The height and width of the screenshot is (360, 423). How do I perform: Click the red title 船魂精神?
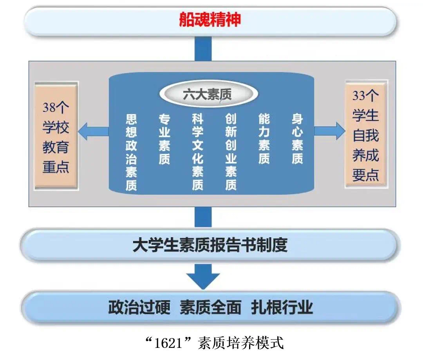(210, 20)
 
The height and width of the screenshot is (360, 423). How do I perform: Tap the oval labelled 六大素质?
(209, 94)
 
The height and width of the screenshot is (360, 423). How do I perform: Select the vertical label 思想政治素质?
(131, 152)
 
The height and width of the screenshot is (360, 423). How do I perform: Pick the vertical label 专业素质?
(164, 139)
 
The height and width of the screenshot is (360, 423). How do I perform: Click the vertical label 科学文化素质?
(197, 152)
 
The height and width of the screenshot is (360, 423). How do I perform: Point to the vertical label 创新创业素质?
(231, 152)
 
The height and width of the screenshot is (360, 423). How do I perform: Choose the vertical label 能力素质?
(264, 139)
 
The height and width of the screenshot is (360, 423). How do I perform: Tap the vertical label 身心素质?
(297, 139)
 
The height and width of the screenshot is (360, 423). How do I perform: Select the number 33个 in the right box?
(365, 95)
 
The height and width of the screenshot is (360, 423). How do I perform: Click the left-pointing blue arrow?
(93, 131)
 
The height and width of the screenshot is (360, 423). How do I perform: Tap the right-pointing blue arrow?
(330, 131)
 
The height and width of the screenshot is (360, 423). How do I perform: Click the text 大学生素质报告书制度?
(210, 245)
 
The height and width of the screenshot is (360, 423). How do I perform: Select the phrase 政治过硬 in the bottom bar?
(139, 307)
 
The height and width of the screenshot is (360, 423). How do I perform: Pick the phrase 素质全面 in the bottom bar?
(210, 307)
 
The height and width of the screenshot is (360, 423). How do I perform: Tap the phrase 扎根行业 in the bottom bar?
(282, 307)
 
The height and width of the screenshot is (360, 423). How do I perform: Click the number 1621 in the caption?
(168, 343)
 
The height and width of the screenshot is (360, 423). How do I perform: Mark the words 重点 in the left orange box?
(56, 167)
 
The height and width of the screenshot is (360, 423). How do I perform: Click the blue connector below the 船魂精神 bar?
(203, 49)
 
